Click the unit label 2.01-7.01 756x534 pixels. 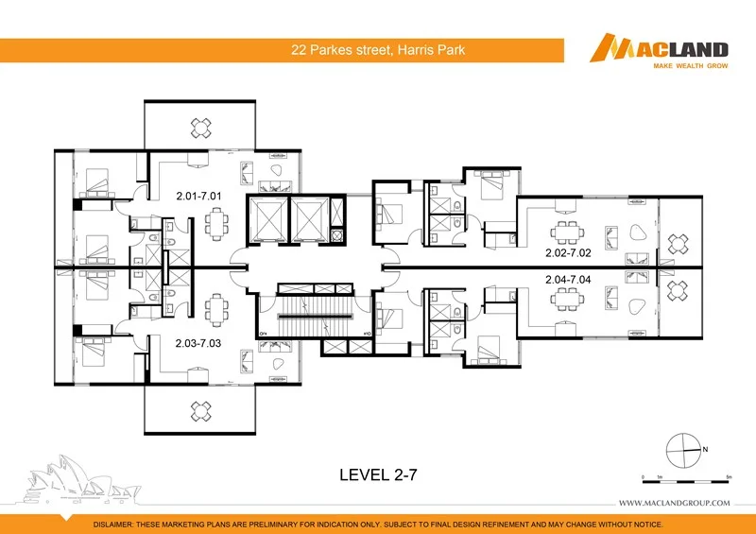coord(198,197)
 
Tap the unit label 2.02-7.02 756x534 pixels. coord(568,253)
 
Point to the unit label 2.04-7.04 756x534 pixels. coord(568,280)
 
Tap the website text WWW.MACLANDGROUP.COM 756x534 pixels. coord(674,503)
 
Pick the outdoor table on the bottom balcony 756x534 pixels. coord(200,409)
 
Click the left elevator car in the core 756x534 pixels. coord(265,220)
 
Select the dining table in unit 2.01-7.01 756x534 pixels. coord(217,224)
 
